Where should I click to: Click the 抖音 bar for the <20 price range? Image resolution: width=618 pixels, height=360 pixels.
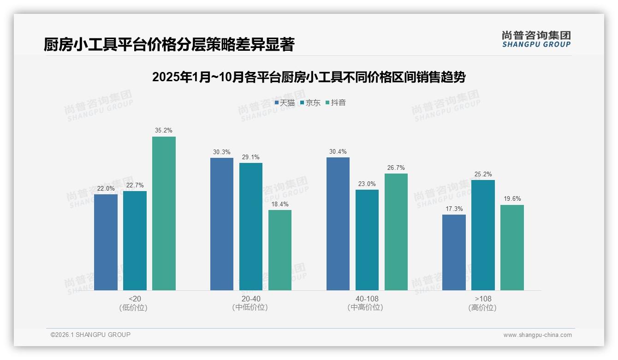pyautogui.click(x=164, y=213)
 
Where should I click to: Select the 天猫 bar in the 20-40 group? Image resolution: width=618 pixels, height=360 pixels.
pyautogui.click(x=222, y=224)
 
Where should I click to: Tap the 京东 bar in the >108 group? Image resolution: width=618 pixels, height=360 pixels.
pyautogui.click(x=483, y=235)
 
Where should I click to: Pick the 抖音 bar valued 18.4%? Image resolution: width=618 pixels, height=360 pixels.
pyautogui.click(x=280, y=250)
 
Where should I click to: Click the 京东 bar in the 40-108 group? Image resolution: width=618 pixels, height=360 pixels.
pyautogui.click(x=367, y=240)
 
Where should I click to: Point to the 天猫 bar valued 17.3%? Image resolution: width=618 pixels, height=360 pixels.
pyautogui.click(x=454, y=252)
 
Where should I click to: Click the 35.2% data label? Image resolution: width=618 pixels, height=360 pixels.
pyautogui.click(x=164, y=131)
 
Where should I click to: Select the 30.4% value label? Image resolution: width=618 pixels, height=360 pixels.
pyautogui.click(x=338, y=152)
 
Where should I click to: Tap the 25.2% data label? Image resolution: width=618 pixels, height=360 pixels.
pyautogui.click(x=483, y=174)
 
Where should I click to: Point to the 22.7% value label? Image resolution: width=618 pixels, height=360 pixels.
pyautogui.click(x=135, y=186)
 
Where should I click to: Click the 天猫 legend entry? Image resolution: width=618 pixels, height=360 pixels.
pyautogui.click(x=285, y=103)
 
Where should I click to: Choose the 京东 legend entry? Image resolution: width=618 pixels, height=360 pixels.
pyautogui.click(x=310, y=103)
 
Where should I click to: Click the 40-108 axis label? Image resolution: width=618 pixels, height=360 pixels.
pyautogui.click(x=367, y=299)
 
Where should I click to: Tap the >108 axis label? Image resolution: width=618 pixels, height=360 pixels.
pyautogui.click(x=483, y=299)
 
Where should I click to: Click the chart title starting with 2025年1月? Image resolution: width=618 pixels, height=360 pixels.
pyautogui.click(x=309, y=77)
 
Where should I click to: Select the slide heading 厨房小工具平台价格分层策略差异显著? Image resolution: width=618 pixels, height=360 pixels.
pyautogui.click(x=169, y=45)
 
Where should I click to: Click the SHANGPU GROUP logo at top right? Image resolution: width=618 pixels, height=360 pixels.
pyautogui.click(x=536, y=39)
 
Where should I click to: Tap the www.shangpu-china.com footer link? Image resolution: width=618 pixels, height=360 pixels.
pyautogui.click(x=537, y=335)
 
